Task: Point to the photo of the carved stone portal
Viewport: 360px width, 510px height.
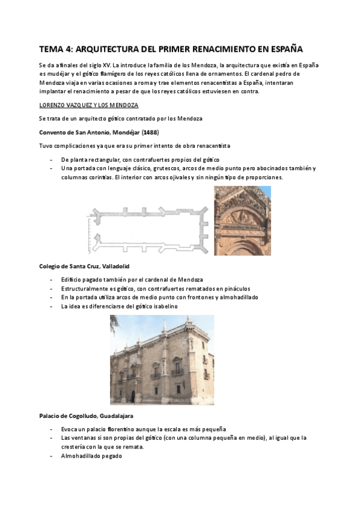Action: pyautogui.click(x=242, y=220)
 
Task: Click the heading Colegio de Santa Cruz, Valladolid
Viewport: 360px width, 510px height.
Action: pyautogui.click(x=84, y=266)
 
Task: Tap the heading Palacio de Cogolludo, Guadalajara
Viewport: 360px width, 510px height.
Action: pyautogui.click(x=86, y=416)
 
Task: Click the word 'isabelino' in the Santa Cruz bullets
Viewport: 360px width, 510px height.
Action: pyautogui.click(x=161, y=306)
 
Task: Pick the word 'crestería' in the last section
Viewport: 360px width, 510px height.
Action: pyautogui.click(x=75, y=447)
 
